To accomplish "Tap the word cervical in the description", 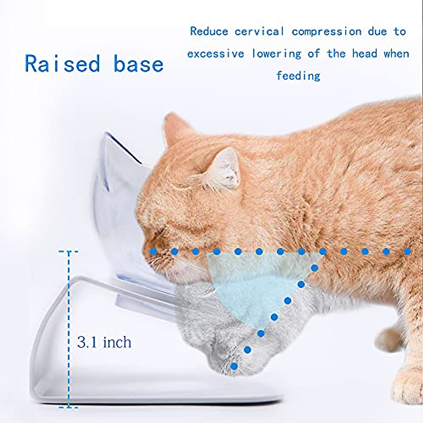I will click(x=259, y=32).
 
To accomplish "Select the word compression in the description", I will click(x=326, y=32).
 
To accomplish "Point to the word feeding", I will click(x=298, y=76).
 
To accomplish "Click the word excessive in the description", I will click(x=216, y=54).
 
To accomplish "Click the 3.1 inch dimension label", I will click(x=104, y=342).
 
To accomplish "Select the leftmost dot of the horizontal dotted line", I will click(x=153, y=252).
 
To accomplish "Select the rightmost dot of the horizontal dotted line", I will click(x=408, y=252).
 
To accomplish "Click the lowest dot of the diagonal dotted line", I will click(x=234, y=367).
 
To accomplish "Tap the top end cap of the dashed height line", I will click(x=68, y=252).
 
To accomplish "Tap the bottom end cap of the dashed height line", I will click(x=68, y=407).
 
